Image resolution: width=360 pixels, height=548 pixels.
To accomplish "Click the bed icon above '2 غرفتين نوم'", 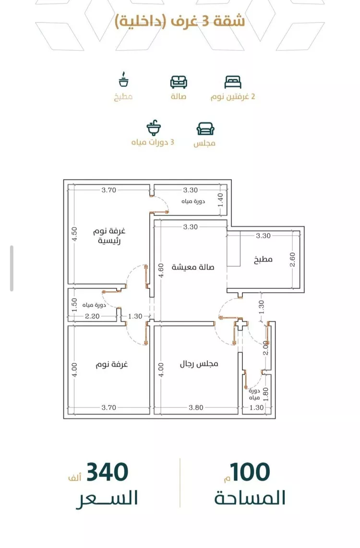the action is (x=233, y=82).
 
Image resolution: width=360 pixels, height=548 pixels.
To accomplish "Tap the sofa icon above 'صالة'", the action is (x=179, y=82).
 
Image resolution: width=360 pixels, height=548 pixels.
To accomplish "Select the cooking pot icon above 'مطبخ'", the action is (x=123, y=80).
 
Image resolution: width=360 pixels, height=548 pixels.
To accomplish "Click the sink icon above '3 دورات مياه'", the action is (x=154, y=129).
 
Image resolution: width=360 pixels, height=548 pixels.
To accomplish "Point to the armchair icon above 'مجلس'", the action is (x=205, y=129).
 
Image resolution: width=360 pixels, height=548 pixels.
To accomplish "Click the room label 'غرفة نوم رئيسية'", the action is (x=109, y=236).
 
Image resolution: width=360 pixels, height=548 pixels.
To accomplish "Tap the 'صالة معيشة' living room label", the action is (x=193, y=267).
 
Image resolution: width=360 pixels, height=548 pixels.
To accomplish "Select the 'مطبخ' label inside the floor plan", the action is (x=263, y=260).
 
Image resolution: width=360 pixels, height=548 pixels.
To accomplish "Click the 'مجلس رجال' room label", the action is (x=199, y=364).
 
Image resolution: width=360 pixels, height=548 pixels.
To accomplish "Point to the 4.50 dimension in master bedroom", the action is (x=74, y=234).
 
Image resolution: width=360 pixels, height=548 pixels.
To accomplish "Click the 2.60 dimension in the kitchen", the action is (x=293, y=260).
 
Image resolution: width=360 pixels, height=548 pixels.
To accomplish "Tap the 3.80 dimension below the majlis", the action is (x=196, y=407).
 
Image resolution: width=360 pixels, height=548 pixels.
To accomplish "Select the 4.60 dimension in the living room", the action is (x=161, y=270).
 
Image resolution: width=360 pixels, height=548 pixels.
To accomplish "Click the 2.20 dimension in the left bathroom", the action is (x=92, y=316).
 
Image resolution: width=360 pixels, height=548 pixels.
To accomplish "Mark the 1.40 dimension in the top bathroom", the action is (x=220, y=200).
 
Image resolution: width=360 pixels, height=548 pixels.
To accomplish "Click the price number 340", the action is (x=108, y=472).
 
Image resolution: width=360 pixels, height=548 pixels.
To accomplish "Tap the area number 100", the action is (x=250, y=472).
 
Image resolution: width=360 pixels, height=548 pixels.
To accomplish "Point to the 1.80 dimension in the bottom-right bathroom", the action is (x=266, y=394).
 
